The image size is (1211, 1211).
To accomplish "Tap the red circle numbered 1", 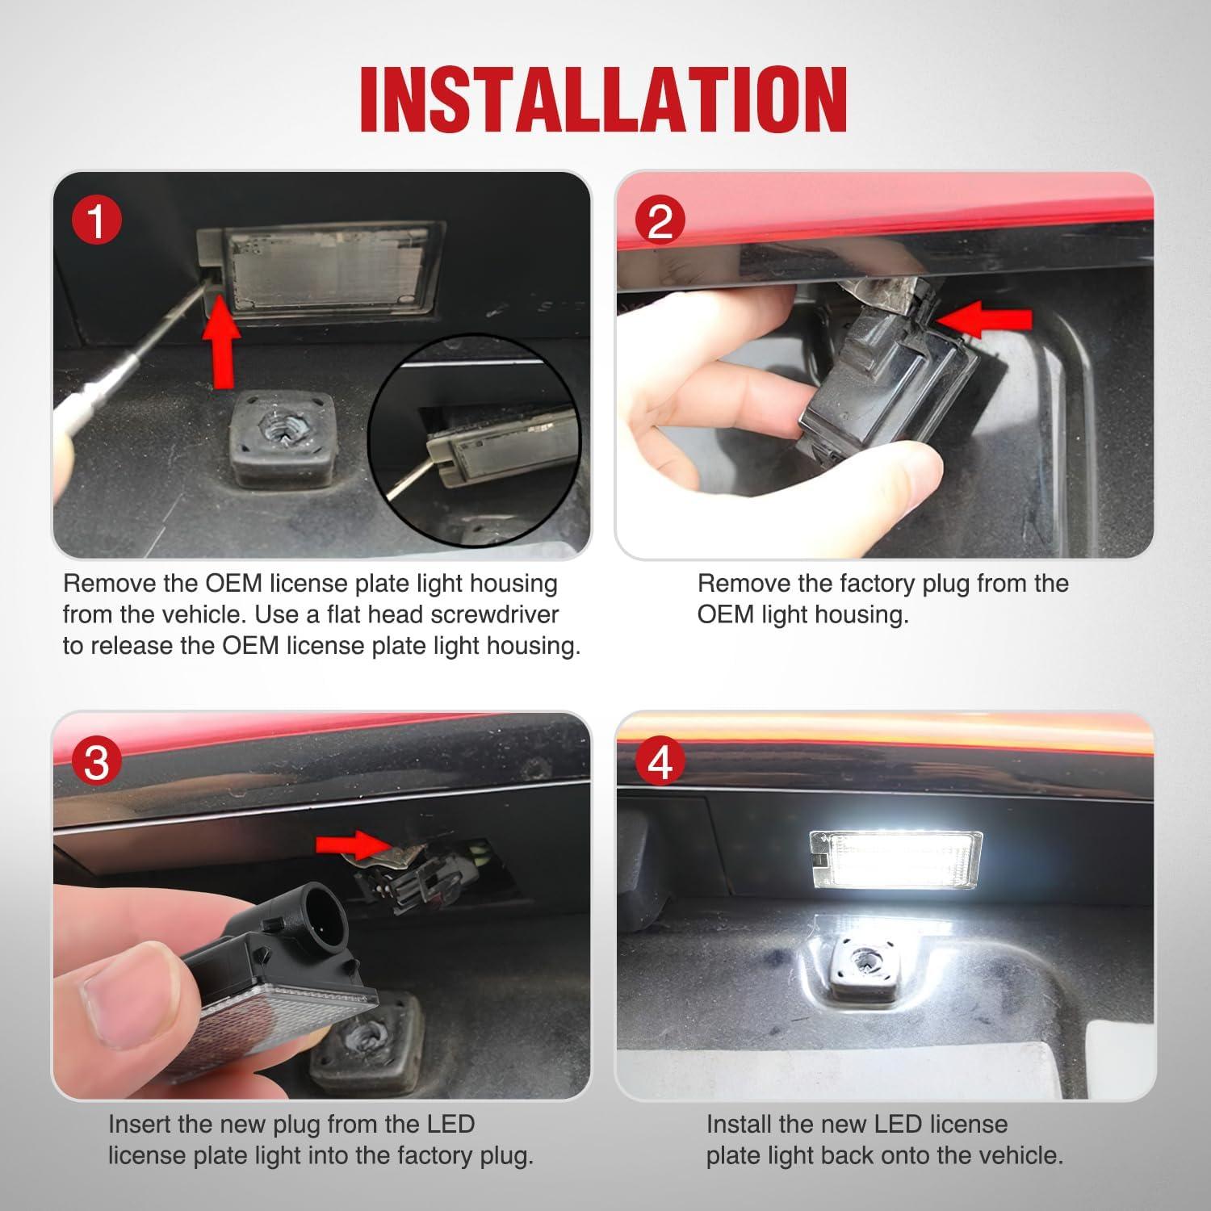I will click(x=96, y=220).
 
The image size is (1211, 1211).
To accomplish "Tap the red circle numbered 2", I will click(x=660, y=220).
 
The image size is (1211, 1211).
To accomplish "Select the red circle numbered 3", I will click(x=96, y=761).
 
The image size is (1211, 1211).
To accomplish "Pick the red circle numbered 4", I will click(x=660, y=761).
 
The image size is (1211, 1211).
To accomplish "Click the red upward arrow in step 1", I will click(x=222, y=349).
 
